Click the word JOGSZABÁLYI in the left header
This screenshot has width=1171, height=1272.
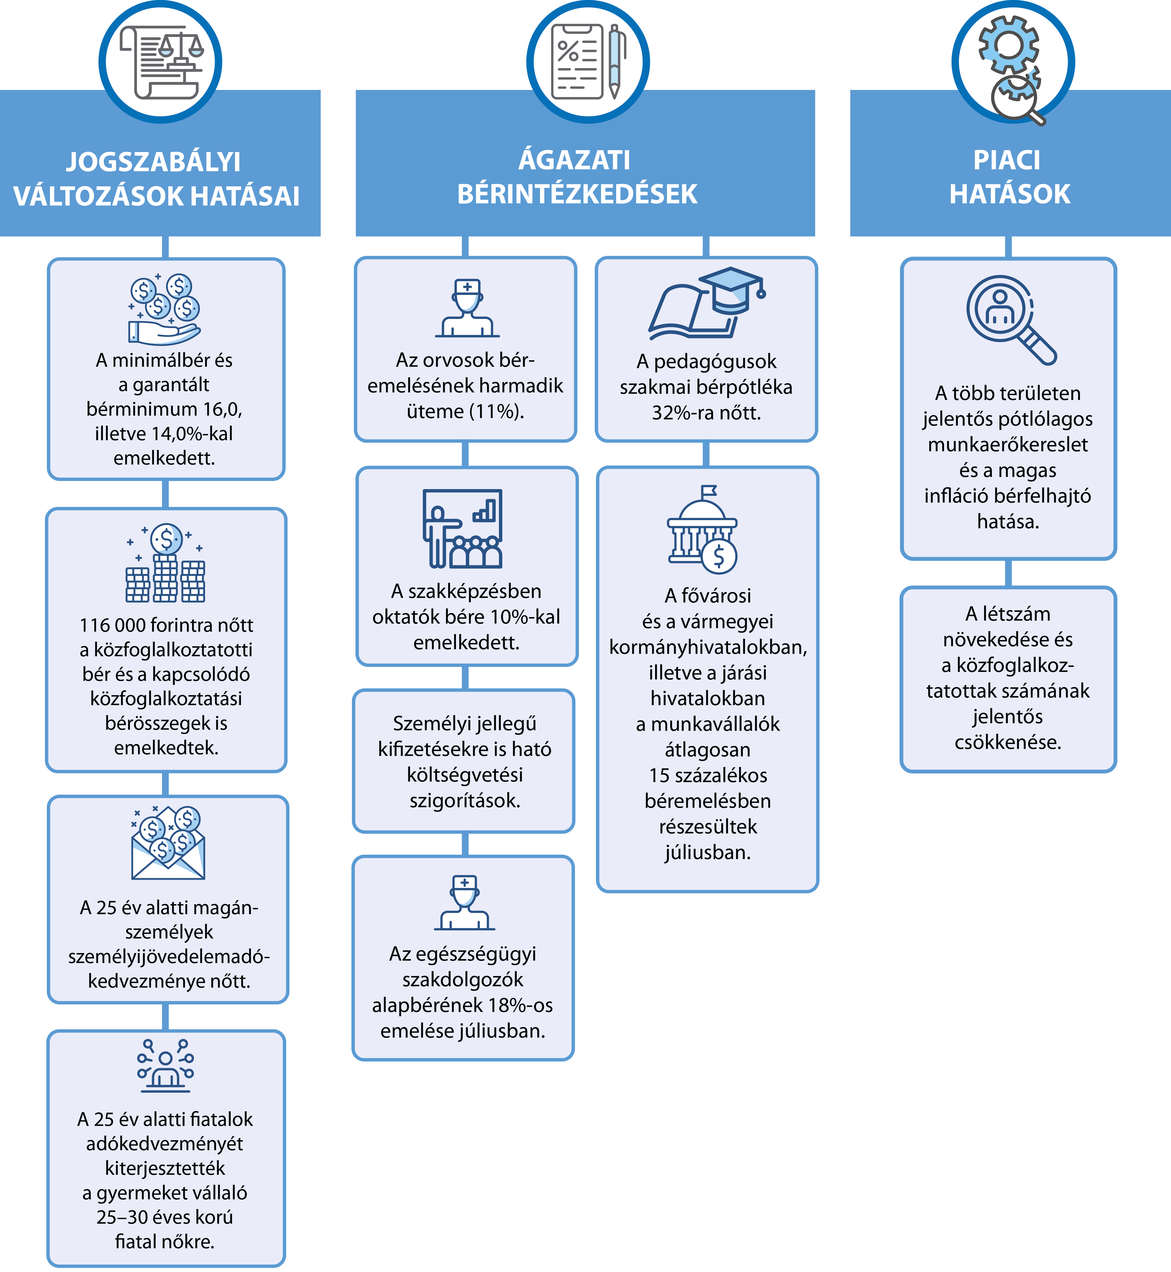(154, 161)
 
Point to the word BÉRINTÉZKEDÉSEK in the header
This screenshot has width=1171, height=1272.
(577, 194)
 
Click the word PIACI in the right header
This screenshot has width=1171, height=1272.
(1007, 160)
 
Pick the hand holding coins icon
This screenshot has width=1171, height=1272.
(165, 309)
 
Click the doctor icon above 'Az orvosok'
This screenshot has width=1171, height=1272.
(468, 308)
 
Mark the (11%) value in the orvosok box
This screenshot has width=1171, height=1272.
(497, 412)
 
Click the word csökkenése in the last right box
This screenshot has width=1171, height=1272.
(1008, 742)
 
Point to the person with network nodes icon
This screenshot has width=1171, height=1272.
(165, 1065)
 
